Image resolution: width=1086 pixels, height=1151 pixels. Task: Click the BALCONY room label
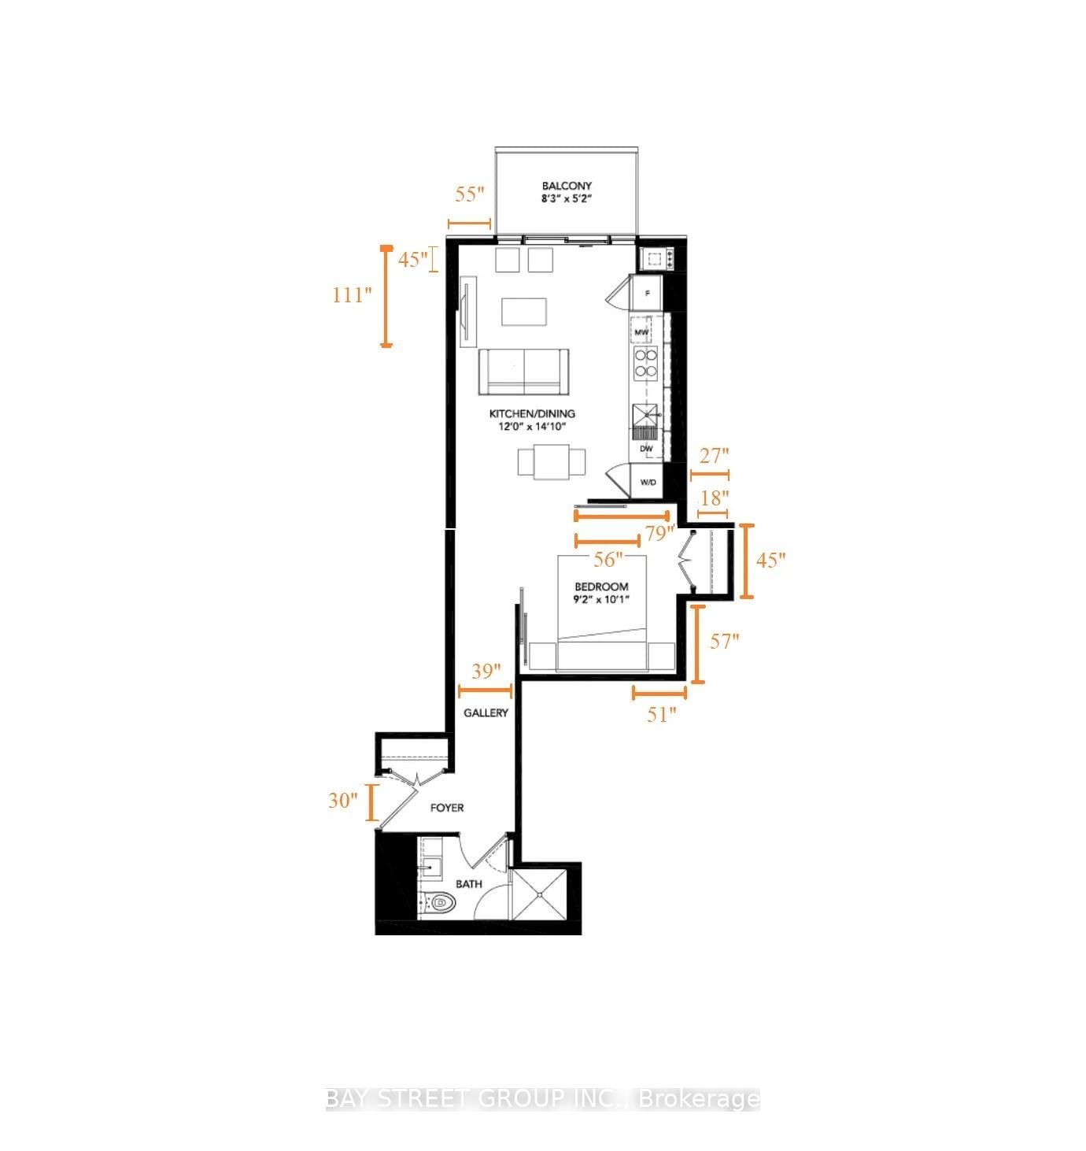(566, 187)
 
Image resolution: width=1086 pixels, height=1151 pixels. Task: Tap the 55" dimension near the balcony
(470, 194)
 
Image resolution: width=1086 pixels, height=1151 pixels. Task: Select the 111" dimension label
(351, 295)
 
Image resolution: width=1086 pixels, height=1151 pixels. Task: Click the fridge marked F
(647, 294)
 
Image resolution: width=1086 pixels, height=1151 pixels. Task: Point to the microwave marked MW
(641, 333)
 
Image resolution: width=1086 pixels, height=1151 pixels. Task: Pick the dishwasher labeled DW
(647, 448)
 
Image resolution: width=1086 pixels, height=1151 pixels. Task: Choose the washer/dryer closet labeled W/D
(648, 482)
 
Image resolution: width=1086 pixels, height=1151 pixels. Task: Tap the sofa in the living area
(523, 372)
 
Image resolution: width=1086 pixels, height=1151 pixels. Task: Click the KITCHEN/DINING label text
(532, 413)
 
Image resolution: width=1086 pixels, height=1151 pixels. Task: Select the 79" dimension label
(660, 533)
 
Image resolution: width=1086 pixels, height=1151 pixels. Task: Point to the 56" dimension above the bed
(608, 559)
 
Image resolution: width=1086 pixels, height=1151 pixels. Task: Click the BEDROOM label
(601, 587)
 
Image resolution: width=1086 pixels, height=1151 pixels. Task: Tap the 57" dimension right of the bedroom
(725, 641)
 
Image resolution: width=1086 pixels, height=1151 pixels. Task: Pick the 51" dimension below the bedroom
(662, 714)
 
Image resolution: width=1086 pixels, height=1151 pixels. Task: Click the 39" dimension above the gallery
(486, 671)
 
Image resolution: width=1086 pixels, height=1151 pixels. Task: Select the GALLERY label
(486, 712)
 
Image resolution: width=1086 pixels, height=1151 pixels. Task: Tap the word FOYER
(446, 808)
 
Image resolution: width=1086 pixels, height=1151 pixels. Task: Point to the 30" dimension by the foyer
(343, 800)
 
